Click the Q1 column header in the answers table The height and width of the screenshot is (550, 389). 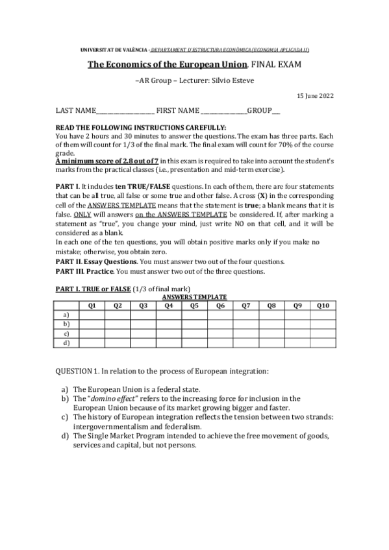tap(92, 304)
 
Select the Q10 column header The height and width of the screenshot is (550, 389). tap(323, 304)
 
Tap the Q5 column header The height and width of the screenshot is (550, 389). tap(195, 304)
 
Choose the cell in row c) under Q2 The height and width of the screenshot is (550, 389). tap(118, 333)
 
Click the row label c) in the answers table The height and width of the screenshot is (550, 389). tap(66, 333)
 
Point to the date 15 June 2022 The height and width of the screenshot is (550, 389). tap(315, 95)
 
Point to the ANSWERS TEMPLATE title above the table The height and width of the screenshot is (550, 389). tap(194, 296)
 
